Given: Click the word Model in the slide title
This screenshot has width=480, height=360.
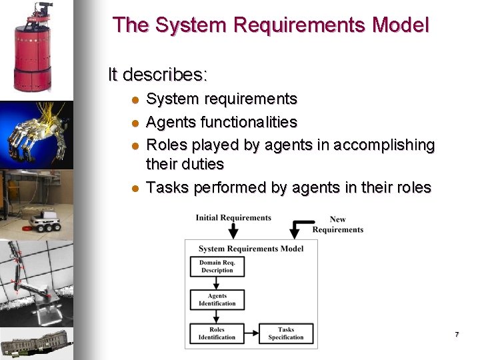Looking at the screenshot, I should (401, 25).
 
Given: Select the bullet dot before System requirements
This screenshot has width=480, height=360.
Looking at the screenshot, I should (134, 100).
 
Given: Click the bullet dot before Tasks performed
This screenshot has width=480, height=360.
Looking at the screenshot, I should (134, 189).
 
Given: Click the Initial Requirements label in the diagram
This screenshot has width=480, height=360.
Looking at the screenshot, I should (233, 217).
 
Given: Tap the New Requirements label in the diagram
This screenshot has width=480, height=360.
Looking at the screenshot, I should (338, 225).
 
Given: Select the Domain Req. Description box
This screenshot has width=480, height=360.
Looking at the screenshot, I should (217, 267).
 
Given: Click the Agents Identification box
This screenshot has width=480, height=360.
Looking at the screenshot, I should (217, 300).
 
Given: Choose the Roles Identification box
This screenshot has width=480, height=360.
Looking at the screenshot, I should (217, 333).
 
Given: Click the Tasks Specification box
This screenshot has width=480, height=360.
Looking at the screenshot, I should (285, 333).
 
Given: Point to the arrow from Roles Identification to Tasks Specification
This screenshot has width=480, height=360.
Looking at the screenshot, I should (251, 333).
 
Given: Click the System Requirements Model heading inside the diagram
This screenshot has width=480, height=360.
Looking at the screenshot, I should (251, 249).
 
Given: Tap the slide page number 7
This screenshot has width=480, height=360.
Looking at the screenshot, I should (457, 334).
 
